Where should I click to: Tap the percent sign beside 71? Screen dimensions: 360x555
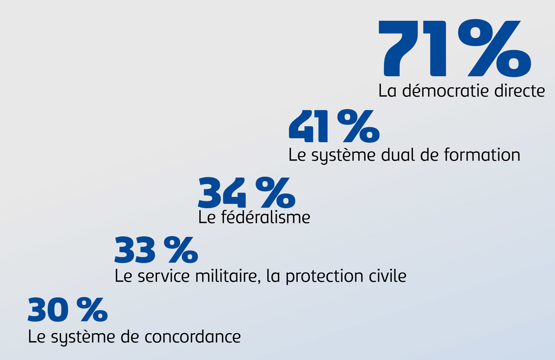point(494,48)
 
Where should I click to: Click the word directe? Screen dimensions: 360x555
point(519,91)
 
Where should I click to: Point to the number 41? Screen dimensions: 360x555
point(308,126)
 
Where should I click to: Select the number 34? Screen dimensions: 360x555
point(222,193)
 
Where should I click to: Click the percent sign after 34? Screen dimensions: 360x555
point(276,193)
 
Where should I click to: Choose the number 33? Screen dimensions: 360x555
point(135,250)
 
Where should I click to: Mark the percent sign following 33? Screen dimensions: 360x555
point(180,250)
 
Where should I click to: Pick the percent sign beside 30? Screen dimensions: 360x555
point(92,310)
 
